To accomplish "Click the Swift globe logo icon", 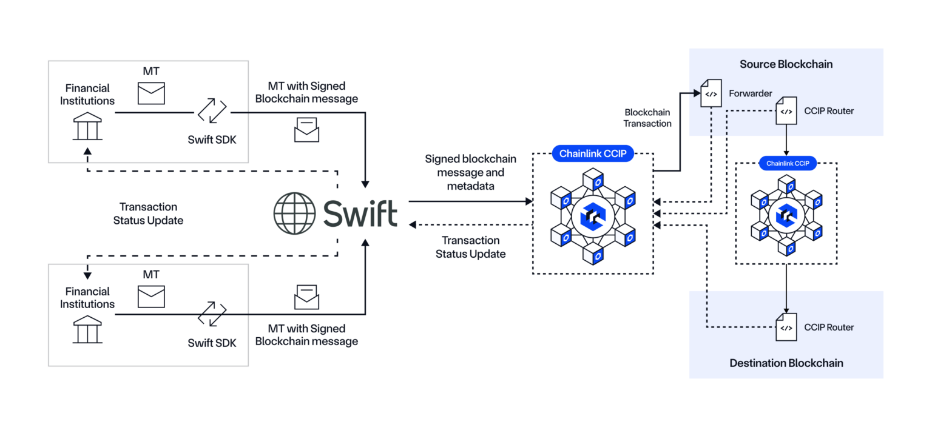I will [294, 213].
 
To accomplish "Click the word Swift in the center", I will [360, 213].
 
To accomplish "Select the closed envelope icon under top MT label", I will [151, 94].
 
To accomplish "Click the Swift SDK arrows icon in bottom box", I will [212, 314].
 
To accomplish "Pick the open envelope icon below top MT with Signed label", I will [306, 129].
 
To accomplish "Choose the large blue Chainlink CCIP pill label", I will [593, 154].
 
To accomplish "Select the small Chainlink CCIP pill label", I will [787, 163].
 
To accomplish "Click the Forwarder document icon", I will [711, 93].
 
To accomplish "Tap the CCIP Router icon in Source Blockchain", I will [786, 111].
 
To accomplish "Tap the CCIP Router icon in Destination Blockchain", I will [786, 328].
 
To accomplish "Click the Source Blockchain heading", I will [786, 64].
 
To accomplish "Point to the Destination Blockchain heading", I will [786, 363].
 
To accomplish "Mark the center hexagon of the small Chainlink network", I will [786, 215].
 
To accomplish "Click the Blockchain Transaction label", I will [647, 118].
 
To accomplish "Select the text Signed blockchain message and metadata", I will [470, 172].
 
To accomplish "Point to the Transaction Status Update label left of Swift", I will [148, 213].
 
